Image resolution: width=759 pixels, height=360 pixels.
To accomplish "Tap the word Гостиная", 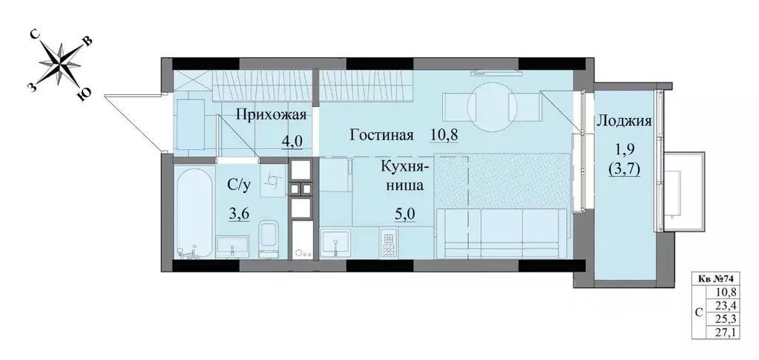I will tap(381, 136).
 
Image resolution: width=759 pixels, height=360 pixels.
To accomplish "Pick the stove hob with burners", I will tap(388, 243).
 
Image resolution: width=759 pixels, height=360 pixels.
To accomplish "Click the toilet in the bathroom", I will tap(269, 239).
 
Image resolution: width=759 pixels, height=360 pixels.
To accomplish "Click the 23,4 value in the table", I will tap(730, 304).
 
